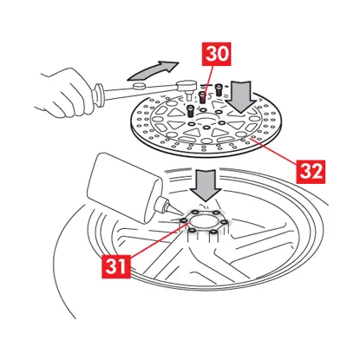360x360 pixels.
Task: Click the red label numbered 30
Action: [218, 55]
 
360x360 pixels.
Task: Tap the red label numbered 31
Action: [116, 266]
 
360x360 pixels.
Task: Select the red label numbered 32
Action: [311, 172]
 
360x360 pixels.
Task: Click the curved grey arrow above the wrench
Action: [153, 71]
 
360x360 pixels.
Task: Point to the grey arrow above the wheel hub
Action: [206, 186]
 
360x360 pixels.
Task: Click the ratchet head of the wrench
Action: [187, 87]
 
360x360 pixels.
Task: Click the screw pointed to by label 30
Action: [203, 97]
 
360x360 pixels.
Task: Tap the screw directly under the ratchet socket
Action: [190, 111]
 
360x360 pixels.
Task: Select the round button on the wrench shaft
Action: [140, 85]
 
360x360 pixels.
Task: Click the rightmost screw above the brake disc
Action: [219, 89]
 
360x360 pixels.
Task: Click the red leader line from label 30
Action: [208, 82]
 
